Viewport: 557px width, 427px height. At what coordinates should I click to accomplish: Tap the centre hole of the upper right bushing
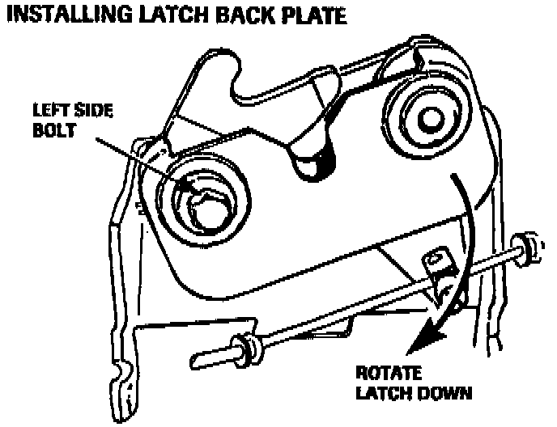click(x=428, y=117)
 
